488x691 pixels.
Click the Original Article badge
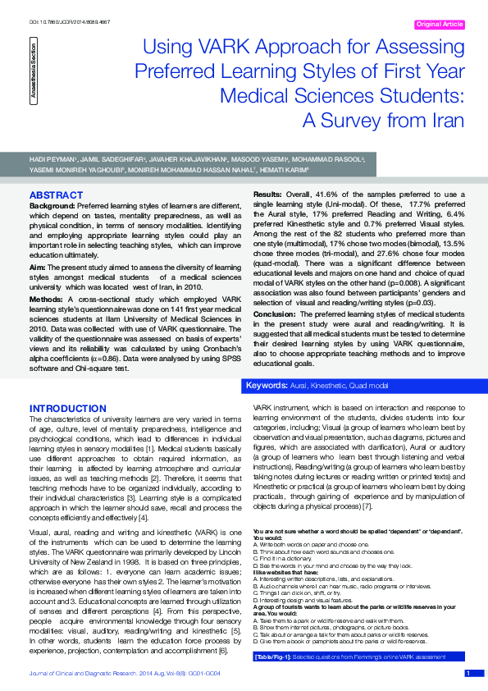[x=440, y=25]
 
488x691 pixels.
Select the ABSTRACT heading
[x=57, y=194]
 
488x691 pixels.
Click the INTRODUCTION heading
[x=68, y=408]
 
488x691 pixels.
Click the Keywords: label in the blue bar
[x=266, y=385]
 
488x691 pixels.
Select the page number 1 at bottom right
[x=468, y=674]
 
